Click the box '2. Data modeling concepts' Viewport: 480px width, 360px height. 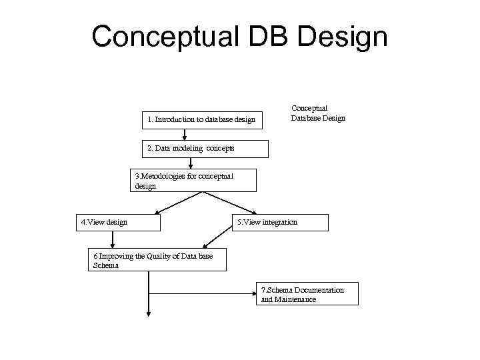tap(205, 149)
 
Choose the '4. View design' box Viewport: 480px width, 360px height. tap(119, 222)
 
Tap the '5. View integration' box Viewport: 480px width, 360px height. tap(280, 222)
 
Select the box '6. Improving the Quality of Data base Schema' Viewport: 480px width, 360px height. tap(157, 260)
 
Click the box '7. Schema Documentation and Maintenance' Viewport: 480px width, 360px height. tap(307, 294)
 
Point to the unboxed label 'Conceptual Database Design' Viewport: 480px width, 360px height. tap(317, 113)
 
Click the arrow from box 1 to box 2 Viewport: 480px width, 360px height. tap(185, 135)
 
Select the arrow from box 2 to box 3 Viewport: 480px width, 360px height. tap(191, 163)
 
